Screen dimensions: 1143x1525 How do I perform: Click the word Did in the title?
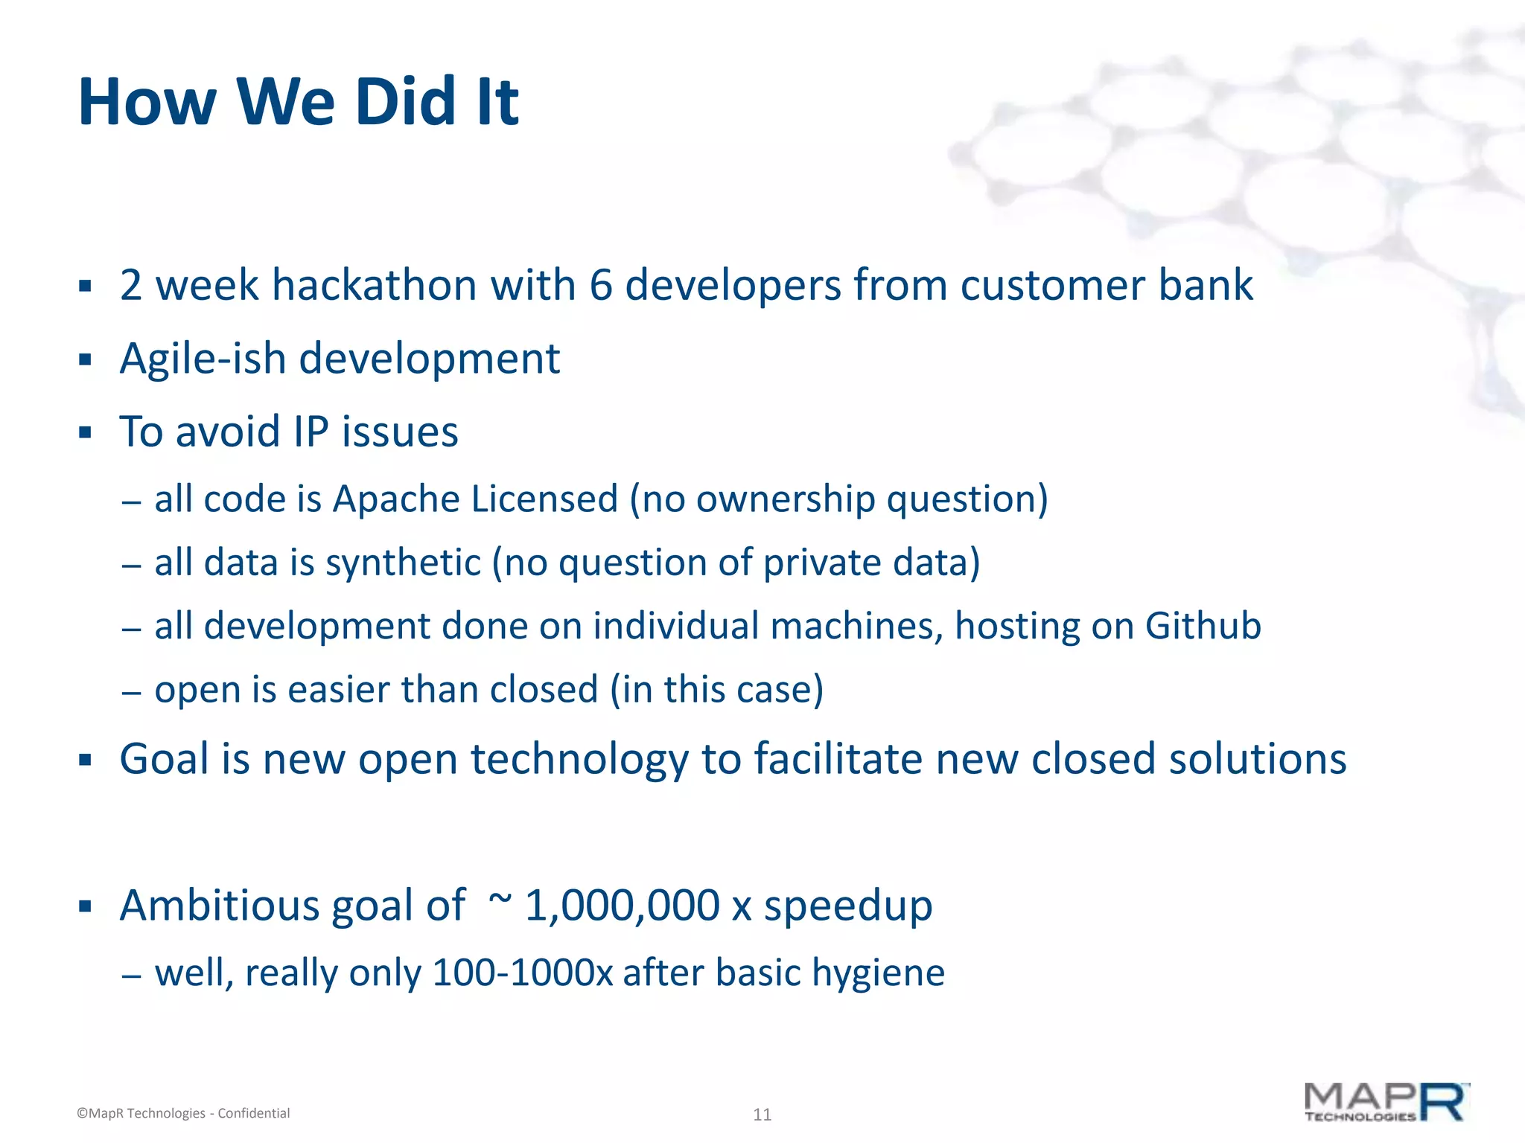point(405,102)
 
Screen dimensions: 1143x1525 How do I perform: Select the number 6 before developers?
point(600,286)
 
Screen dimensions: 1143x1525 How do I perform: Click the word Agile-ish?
point(203,359)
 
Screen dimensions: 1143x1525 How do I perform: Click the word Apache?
point(395,499)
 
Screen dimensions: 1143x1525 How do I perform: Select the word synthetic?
point(403,563)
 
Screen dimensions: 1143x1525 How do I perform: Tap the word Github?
point(1203,627)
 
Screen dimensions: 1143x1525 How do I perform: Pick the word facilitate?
point(838,760)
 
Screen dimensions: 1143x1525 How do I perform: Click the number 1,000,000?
point(622,906)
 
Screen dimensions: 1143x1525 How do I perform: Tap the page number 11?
point(762,1115)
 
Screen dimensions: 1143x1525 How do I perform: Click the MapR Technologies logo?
point(1386,1102)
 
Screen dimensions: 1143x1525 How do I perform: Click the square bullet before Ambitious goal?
point(85,907)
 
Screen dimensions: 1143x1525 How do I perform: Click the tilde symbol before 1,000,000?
point(500,899)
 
